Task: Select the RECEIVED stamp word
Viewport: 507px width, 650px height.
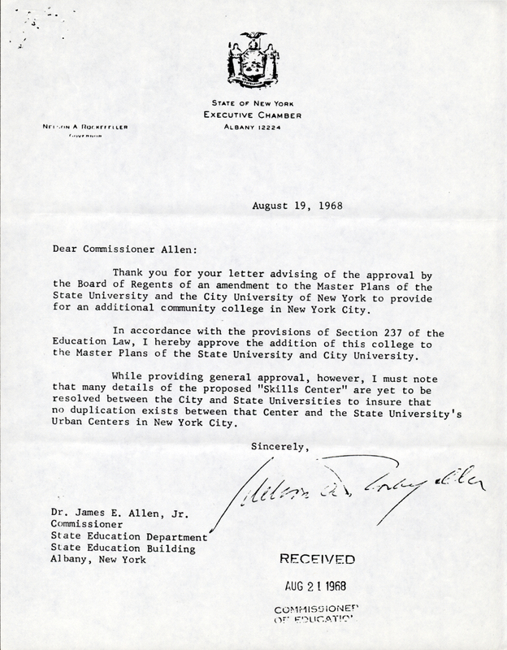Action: tap(318, 560)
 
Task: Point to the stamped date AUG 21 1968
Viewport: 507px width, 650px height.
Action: tap(318, 585)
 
